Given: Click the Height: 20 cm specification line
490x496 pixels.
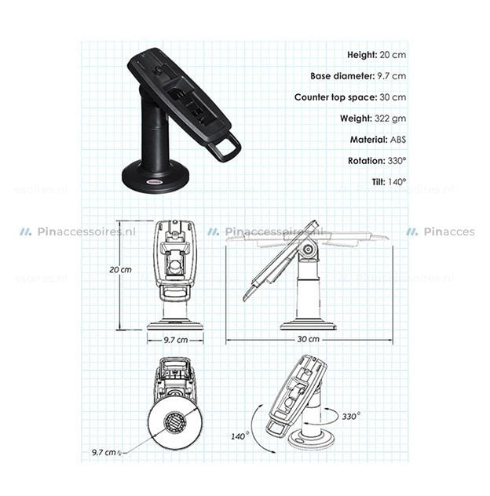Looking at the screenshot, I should click(x=376, y=55).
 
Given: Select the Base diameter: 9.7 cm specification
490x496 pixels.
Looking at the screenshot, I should click(x=357, y=76).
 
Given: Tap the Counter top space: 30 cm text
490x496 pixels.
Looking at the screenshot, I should click(x=350, y=97).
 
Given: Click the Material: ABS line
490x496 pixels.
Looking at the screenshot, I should click(x=378, y=140).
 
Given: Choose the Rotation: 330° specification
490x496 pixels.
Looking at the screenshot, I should click(x=377, y=161).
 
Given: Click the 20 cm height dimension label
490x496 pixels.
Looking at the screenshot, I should click(x=120, y=269).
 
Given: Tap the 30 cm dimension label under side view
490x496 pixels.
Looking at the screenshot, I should click(x=309, y=339).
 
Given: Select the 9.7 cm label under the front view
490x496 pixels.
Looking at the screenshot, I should click(x=174, y=339).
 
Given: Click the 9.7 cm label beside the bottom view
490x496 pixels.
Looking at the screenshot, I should click(x=105, y=453).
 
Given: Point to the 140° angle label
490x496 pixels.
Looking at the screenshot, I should click(x=240, y=435).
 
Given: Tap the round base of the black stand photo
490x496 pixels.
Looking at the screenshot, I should click(x=154, y=177).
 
